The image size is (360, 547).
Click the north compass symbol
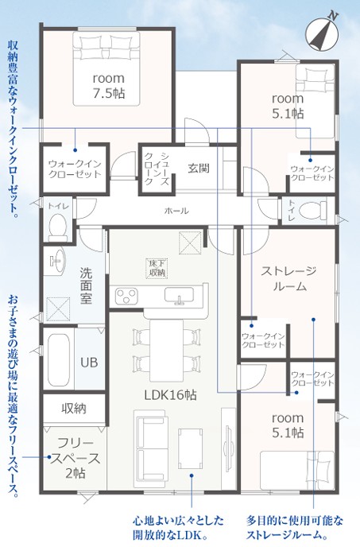(322, 34)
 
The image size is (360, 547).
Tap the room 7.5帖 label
(109, 86)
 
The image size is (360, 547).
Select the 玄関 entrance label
(199, 168)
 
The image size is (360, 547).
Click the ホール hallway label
(176, 211)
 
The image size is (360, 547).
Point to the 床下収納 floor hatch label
(157, 268)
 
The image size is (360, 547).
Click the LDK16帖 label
(170, 395)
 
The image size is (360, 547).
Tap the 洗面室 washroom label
(86, 285)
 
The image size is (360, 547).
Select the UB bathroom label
(89, 363)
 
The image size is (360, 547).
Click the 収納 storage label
(74, 408)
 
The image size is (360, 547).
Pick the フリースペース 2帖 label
(75, 458)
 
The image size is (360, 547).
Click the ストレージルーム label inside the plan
(289, 278)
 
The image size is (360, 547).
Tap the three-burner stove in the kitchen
(126, 297)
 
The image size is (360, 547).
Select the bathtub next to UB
(59, 360)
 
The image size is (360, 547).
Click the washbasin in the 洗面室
(56, 260)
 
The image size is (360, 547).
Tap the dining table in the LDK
(166, 351)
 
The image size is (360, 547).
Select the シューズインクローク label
(157, 169)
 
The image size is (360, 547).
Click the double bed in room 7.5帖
(106, 68)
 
